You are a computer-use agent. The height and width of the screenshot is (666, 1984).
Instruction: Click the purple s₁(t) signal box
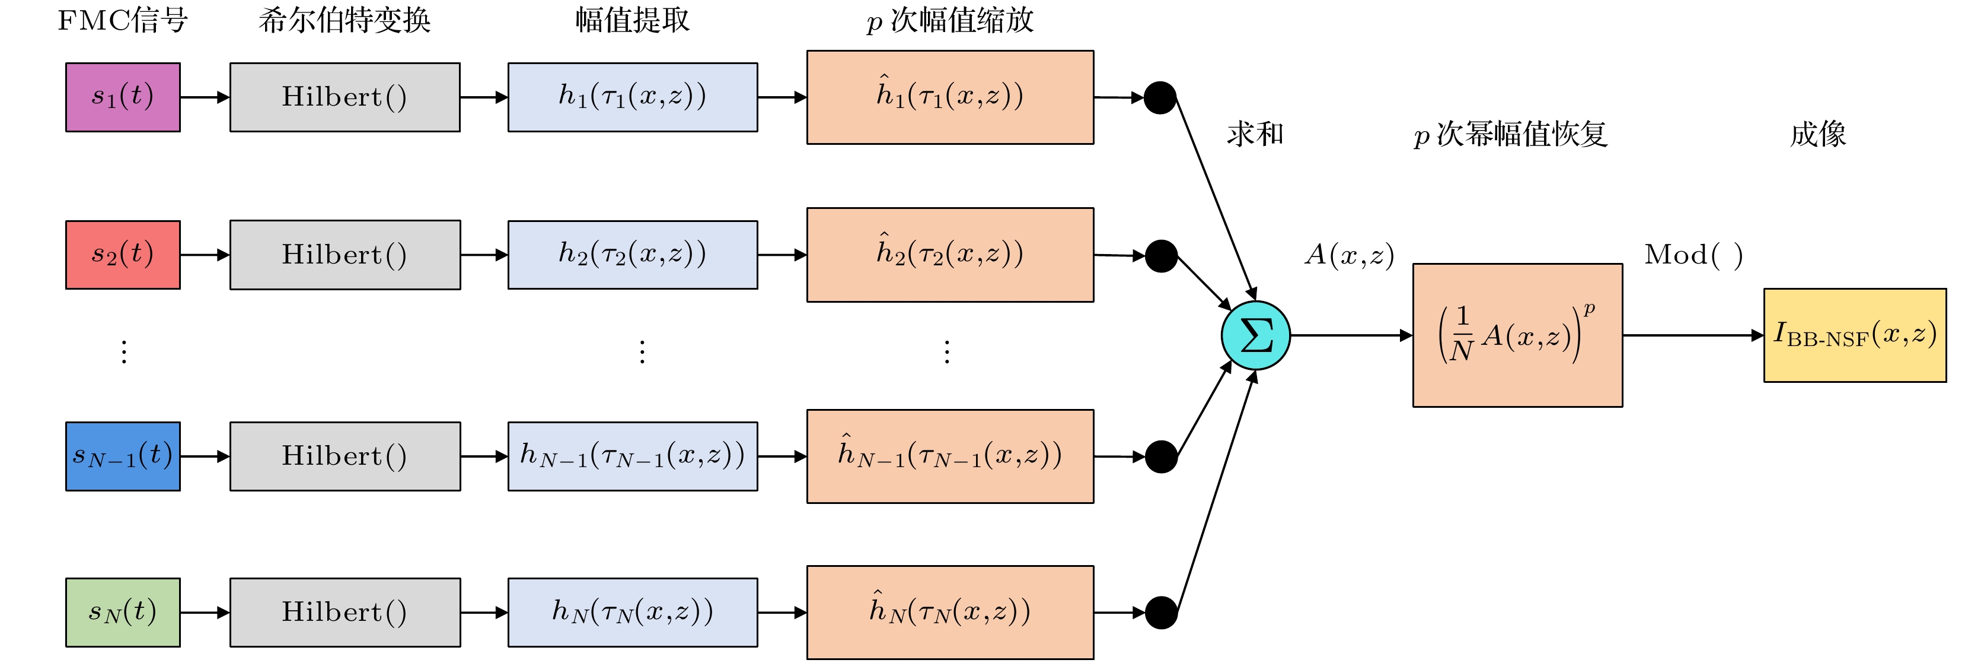click(123, 97)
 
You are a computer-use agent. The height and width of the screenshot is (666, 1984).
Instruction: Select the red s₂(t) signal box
click(123, 255)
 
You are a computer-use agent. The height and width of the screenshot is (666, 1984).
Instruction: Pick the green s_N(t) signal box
click(123, 612)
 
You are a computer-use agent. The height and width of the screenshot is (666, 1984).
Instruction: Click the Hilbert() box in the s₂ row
click(345, 255)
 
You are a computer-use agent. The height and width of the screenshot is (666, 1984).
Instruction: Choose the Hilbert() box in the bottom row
click(345, 612)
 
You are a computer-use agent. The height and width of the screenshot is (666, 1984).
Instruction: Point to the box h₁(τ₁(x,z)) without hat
click(632, 97)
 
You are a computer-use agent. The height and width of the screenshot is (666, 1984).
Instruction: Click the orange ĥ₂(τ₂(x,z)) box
click(950, 255)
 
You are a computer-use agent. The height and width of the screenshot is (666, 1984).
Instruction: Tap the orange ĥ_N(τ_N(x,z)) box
click(950, 612)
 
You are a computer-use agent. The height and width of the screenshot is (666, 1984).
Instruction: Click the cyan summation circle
click(1255, 335)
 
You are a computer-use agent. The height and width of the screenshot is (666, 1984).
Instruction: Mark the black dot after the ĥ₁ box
click(1160, 98)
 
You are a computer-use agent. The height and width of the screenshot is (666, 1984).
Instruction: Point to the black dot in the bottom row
click(1160, 613)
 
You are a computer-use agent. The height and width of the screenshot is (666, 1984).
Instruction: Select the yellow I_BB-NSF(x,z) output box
click(1855, 335)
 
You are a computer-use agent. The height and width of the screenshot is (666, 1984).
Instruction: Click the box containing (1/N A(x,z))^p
click(1517, 335)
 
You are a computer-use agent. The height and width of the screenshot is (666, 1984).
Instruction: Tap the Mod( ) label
click(1693, 255)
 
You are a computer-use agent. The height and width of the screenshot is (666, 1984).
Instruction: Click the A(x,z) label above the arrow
click(1350, 255)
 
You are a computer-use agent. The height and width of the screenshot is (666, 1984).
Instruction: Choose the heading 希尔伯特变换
click(345, 21)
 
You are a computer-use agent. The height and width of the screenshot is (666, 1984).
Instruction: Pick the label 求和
click(1255, 134)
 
